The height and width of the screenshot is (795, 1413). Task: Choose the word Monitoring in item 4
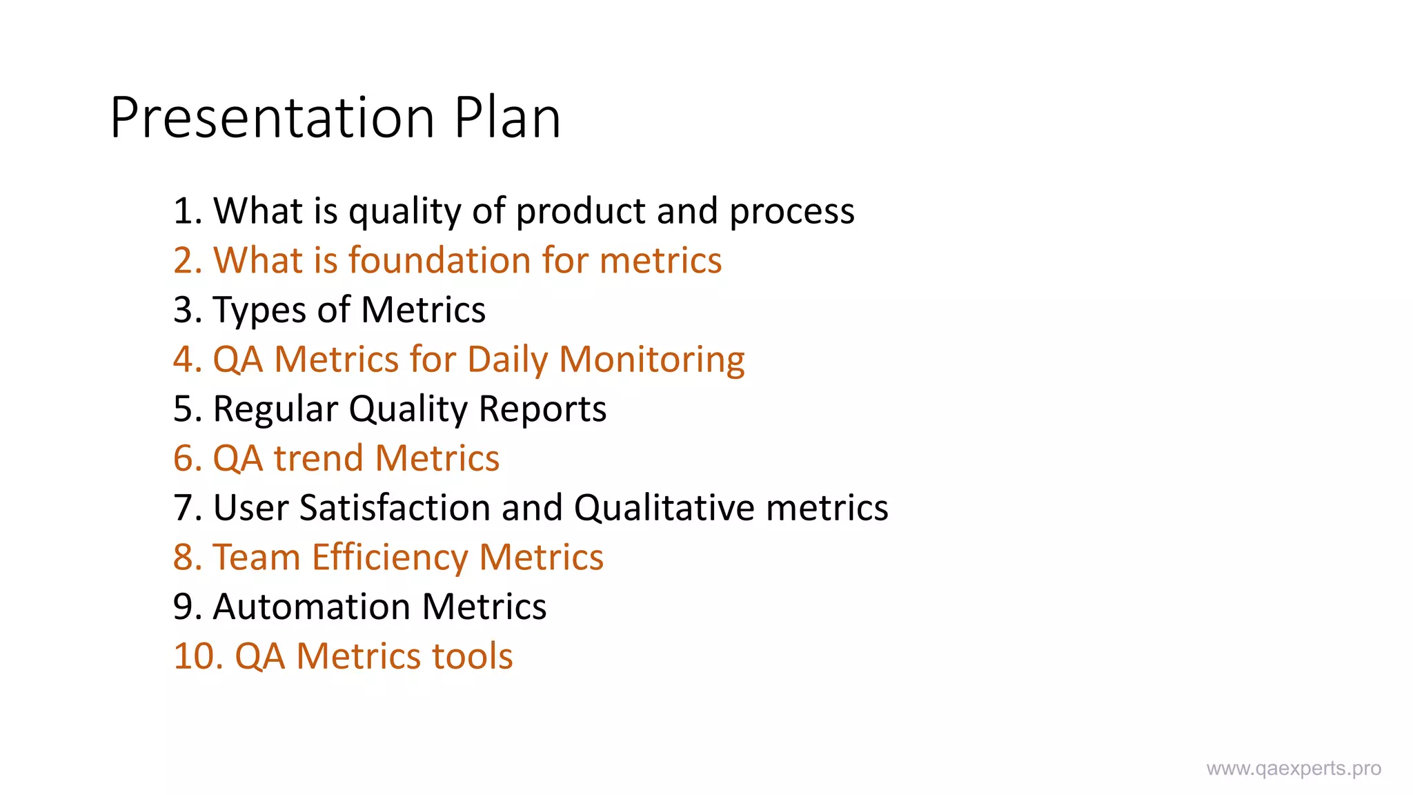tap(651, 360)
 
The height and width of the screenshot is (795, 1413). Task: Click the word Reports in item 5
tap(542, 409)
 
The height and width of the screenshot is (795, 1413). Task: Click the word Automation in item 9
tap(312, 607)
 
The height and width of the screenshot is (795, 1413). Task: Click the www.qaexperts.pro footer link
tap(1294, 769)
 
